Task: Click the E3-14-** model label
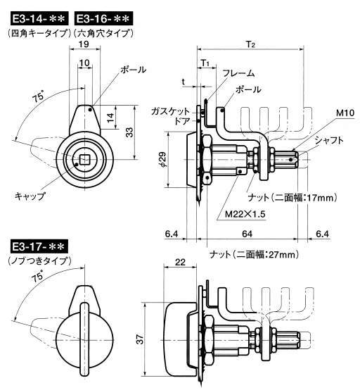point(39,18)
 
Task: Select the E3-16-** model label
point(103,18)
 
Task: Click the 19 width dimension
point(84,44)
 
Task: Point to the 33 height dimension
point(129,132)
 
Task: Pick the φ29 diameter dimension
point(162,159)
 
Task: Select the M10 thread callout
point(345,113)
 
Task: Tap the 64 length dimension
point(247,234)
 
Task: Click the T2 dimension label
point(251,45)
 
